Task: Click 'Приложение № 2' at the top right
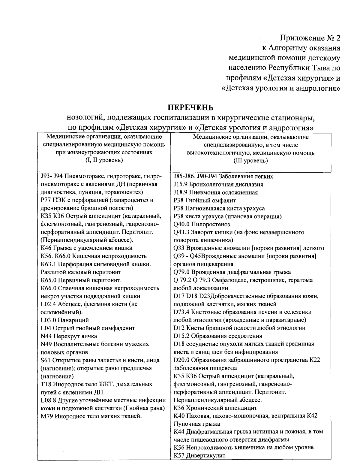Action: (310, 38)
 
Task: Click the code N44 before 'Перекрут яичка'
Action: (46, 336)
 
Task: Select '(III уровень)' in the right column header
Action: (251, 161)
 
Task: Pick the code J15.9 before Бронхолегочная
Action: (181, 184)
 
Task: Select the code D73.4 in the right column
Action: (181, 312)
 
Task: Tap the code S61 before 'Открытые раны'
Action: (46, 360)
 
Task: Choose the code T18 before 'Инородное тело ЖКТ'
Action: (46, 384)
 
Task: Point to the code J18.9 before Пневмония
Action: (181, 192)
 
